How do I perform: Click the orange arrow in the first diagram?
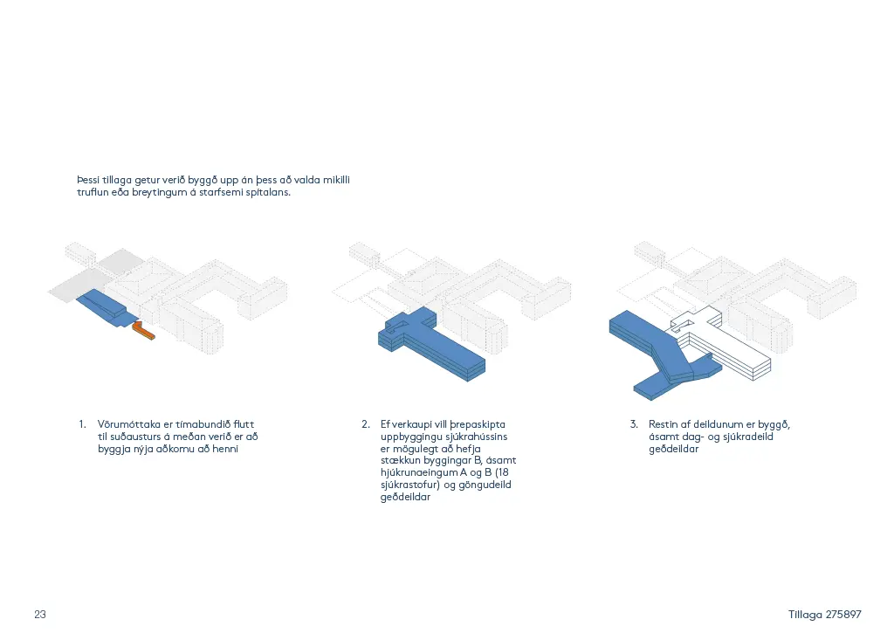pyautogui.click(x=143, y=331)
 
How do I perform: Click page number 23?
pyautogui.click(x=40, y=614)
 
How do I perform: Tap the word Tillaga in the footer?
pyautogui.click(x=805, y=615)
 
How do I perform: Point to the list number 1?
pyautogui.click(x=82, y=424)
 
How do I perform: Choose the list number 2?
pyautogui.click(x=366, y=424)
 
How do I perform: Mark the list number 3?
pyautogui.click(x=634, y=424)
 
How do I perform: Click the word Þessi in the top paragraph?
pyautogui.click(x=88, y=180)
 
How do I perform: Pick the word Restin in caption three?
pyautogui.click(x=664, y=424)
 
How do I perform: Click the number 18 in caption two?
pyautogui.click(x=503, y=472)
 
